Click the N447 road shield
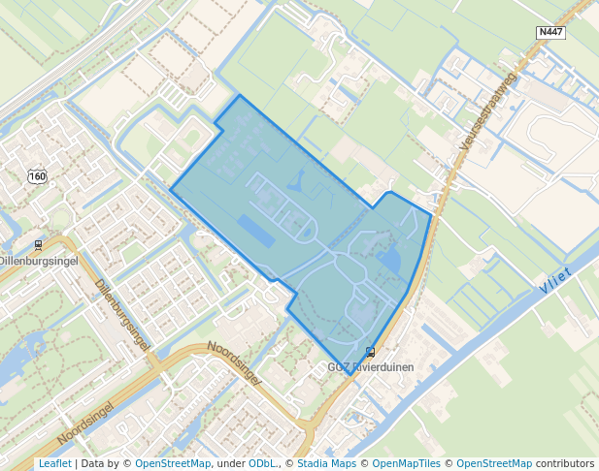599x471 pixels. tap(550, 33)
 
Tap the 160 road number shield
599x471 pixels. tap(37, 176)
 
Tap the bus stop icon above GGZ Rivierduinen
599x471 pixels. tap(370, 352)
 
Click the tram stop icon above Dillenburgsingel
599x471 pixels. tap(38, 245)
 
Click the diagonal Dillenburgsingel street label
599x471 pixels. tap(122, 314)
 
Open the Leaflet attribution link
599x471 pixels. tap(54, 463)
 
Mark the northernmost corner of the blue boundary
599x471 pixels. tap(240, 95)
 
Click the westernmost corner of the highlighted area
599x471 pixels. tap(171, 188)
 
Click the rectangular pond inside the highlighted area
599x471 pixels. tap(256, 231)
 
